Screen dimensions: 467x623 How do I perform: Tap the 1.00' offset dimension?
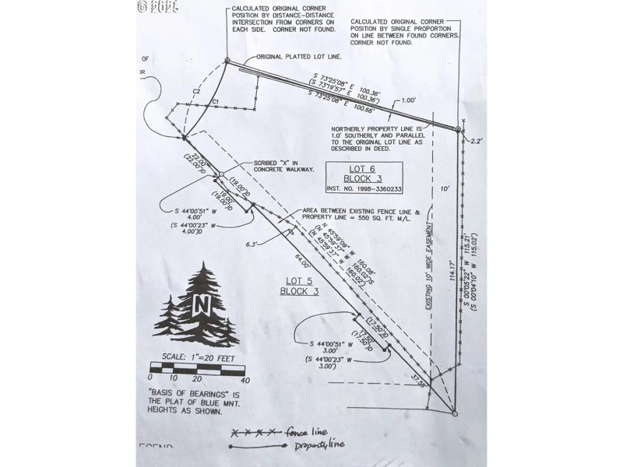point(410,101)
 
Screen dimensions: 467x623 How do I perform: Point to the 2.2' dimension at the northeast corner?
point(477,141)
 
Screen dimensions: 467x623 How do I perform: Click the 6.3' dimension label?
point(251,244)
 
